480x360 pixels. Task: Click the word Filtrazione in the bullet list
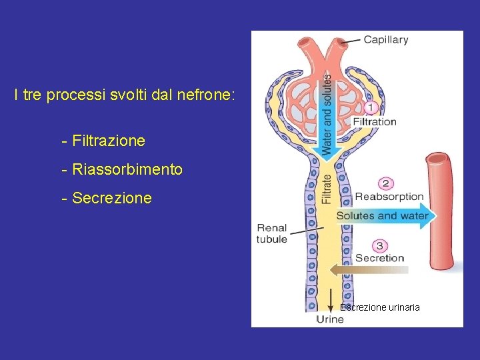coord(108,141)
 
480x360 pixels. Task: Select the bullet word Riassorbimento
coord(127,170)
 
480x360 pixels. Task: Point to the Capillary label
coord(385,40)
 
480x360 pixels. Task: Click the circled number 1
coord(372,108)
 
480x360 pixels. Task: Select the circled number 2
coord(385,183)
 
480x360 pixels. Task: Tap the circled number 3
coord(379,245)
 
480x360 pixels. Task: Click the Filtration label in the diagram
coord(374,122)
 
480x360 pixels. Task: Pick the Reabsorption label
coord(389,197)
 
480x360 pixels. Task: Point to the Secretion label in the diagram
coord(379,258)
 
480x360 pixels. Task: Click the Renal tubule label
coord(272,233)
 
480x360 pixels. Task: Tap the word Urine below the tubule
coord(330,319)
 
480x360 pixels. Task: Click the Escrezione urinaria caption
coord(380,307)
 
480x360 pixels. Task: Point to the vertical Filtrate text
coord(327,189)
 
